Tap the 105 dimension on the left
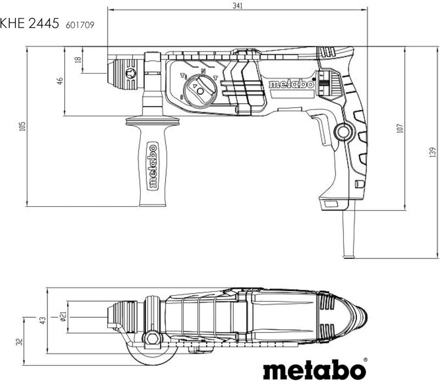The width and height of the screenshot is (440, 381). pos(22,127)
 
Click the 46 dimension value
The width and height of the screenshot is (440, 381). pos(59,81)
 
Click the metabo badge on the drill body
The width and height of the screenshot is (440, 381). pos(291,85)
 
